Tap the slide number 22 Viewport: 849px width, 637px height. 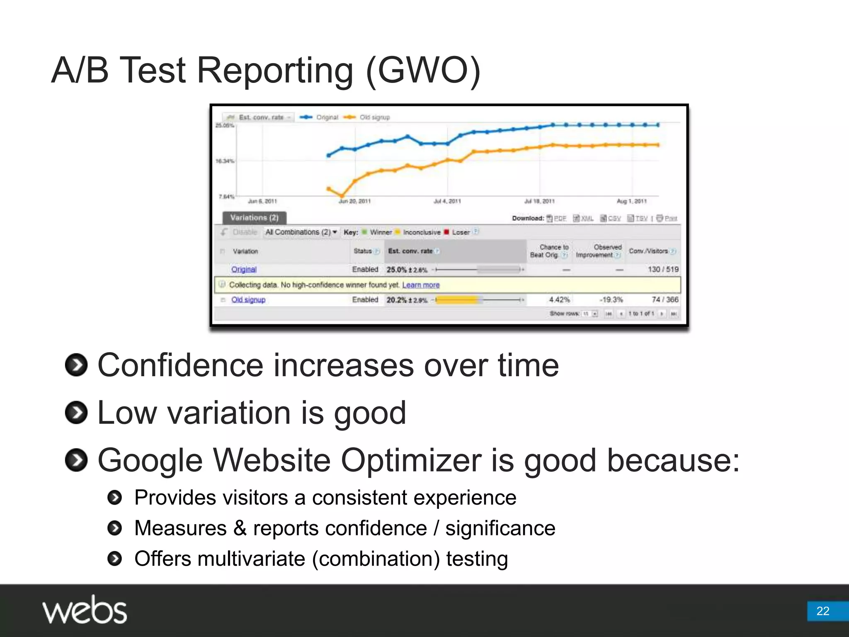[x=822, y=611]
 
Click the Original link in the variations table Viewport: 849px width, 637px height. [x=244, y=270]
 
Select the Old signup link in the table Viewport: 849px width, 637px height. [x=248, y=300]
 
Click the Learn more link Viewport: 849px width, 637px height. [x=421, y=285]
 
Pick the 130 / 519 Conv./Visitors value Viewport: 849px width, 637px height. [x=663, y=270]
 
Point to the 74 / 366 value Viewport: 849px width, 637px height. [x=665, y=299]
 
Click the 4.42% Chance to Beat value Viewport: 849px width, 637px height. [x=559, y=299]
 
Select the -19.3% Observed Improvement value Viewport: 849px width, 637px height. [x=611, y=299]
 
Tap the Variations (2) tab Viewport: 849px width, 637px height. [x=254, y=218]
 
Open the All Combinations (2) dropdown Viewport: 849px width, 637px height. [x=301, y=232]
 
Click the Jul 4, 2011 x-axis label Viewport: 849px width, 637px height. [x=447, y=202]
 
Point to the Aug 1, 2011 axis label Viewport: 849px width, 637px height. [x=631, y=202]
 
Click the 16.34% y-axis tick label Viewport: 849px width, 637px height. [x=225, y=161]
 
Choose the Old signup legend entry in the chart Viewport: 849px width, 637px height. [x=374, y=117]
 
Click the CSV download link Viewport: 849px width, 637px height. [x=614, y=219]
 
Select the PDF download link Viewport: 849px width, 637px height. [x=560, y=219]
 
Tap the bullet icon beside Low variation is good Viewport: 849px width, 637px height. [x=76, y=413]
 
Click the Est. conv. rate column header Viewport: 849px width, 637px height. [x=410, y=251]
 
